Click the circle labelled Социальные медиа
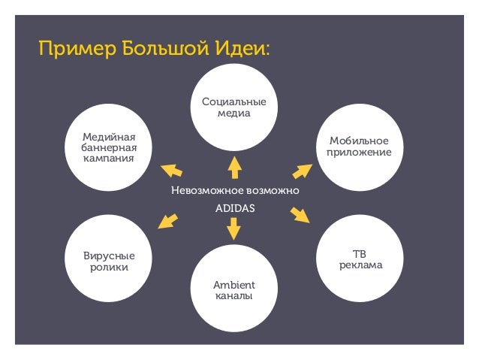pyautogui.click(x=233, y=107)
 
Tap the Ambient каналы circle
pyautogui.click(x=233, y=289)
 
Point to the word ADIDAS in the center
pyautogui.click(x=235, y=207)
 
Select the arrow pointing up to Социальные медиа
pyautogui.click(x=234, y=167)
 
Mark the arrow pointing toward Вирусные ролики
pyautogui.click(x=168, y=219)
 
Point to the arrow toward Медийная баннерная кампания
pyautogui.click(x=171, y=169)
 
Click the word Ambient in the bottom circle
pyautogui.click(x=233, y=285)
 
